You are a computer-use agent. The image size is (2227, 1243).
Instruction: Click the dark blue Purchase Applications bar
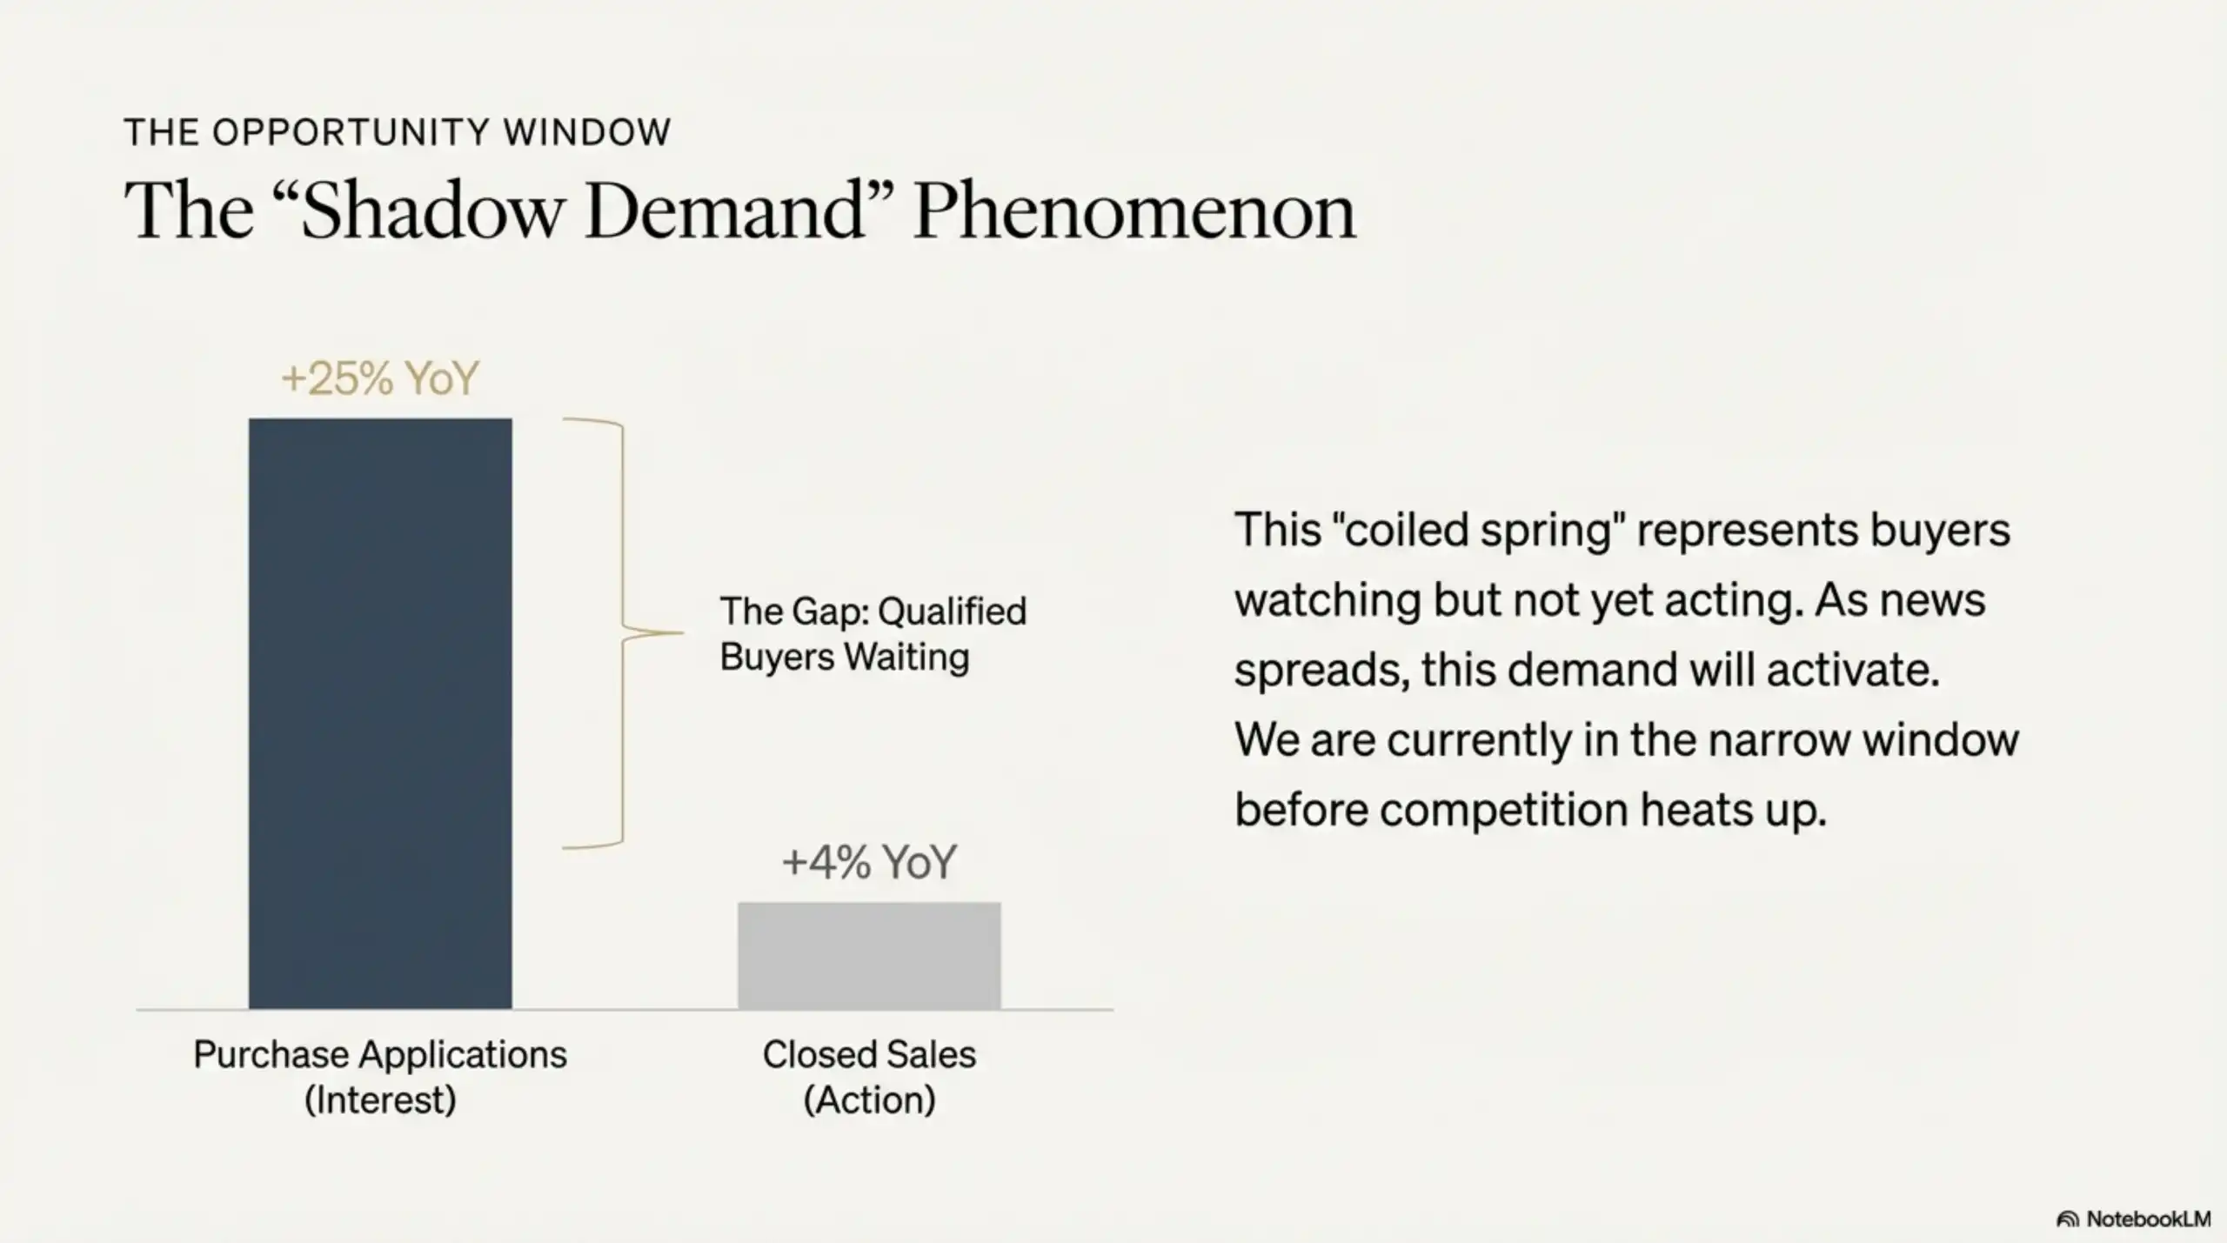[x=380, y=713]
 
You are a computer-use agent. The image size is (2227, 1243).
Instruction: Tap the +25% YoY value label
[x=380, y=378]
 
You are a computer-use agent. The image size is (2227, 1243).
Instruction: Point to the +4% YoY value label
[x=869, y=862]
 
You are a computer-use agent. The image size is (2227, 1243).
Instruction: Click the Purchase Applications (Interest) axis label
[x=380, y=1077]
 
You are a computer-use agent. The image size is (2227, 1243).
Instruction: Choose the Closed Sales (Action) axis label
[x=869, y=1077]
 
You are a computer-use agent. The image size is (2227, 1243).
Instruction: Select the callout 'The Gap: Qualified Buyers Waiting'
[x=873, y=633]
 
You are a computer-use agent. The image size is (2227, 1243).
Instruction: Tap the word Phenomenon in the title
[x=1134, y=211]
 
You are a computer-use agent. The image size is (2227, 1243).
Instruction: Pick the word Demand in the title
[x=725, y=211]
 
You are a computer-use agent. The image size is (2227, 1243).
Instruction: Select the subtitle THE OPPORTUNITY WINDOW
[x=398, y=132]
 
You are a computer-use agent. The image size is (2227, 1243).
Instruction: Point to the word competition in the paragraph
[x=1503, y=811]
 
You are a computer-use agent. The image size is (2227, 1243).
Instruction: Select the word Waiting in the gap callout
[x=906, y=657]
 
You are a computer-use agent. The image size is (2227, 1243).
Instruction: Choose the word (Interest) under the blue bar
[x=380, y=1100]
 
